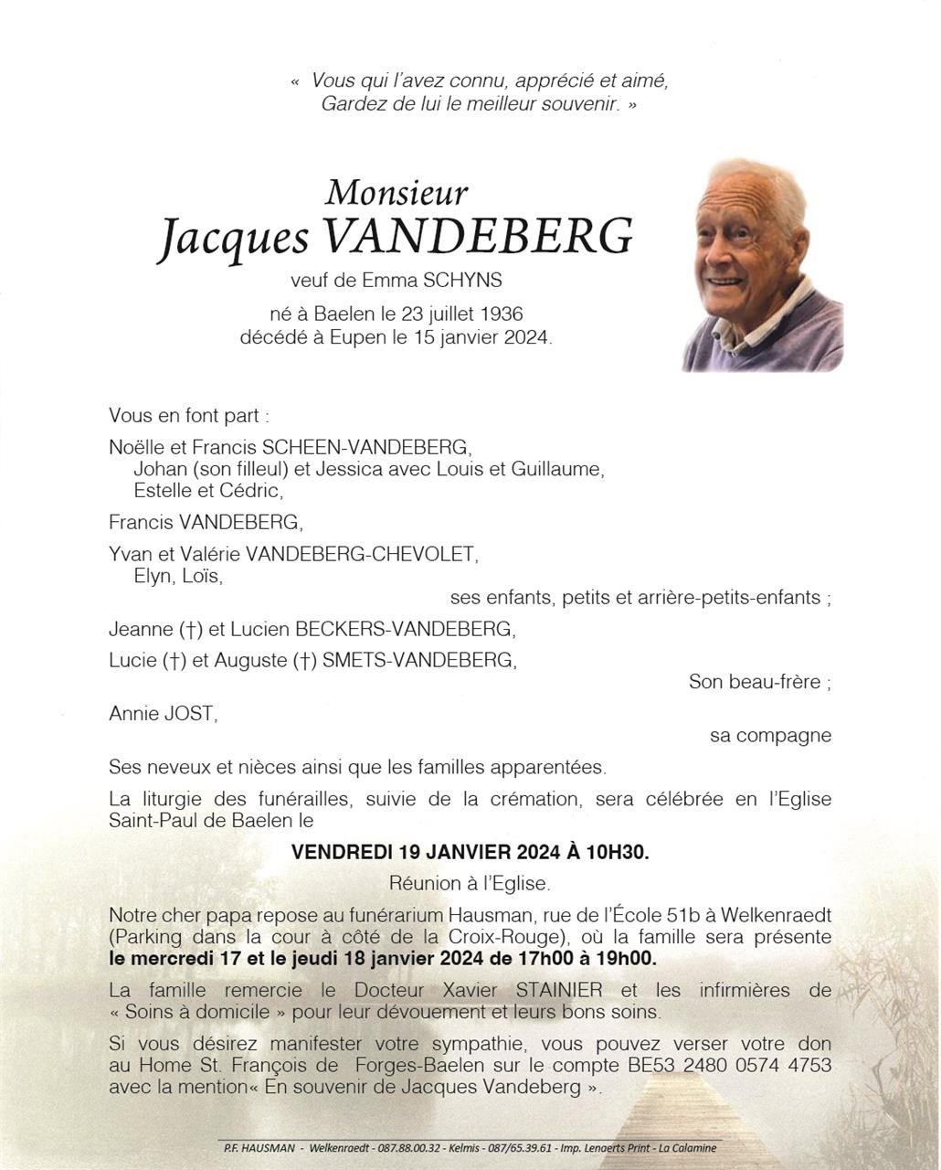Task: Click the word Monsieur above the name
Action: tap(396, 193)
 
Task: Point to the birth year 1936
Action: tap(501, 314)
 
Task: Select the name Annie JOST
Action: tap(163, 713)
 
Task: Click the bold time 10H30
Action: tap(617, 852)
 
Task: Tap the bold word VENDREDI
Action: tap(343, 852)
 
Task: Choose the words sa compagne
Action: tap(770, 735)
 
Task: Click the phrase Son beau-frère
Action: tap(759, 682)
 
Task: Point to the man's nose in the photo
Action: tap(729, 247)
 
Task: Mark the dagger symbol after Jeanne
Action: tap(190, 630)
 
